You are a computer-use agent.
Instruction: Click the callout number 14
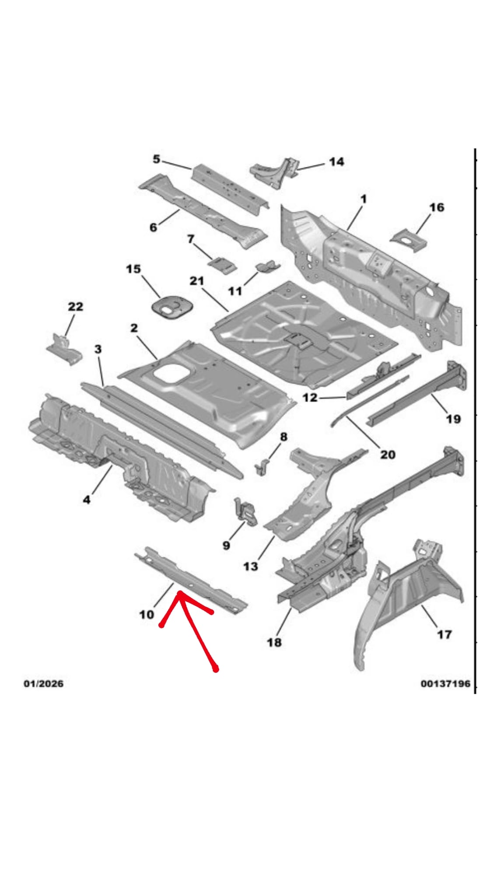[336, 162]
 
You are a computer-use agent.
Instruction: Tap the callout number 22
[75, 307]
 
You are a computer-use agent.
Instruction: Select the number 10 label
[147, 615]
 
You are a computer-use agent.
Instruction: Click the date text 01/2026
[43, 684]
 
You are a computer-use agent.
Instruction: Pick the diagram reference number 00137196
[445, 684]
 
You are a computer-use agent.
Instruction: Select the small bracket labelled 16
[409, 239]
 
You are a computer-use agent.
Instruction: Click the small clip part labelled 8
[262, 467]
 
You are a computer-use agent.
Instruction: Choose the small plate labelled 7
[223, 265]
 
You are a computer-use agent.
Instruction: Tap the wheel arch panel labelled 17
[407, 599]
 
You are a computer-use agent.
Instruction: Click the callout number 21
[197, 280]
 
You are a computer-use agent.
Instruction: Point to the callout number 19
[453, 419]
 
